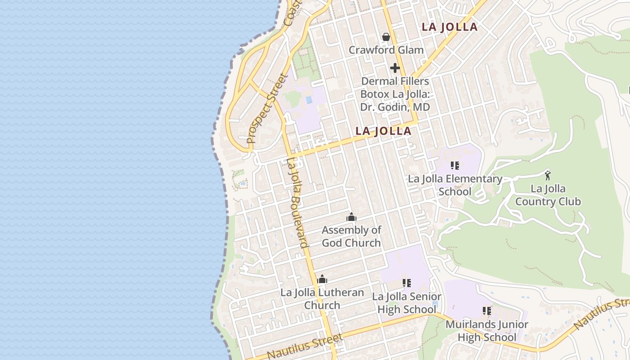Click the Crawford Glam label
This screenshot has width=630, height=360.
pyautogui.click(x=386, y=50)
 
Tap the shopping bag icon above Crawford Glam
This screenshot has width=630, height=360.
pyautogui.click(x=386, y=36)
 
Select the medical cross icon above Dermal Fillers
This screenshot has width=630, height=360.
pyautogui.click(x=395, y=68)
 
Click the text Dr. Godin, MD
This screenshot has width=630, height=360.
pyautogui.click(x=395, y=107)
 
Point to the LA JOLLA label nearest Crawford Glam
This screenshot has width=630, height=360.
pyautogui.click(x=449, y=27)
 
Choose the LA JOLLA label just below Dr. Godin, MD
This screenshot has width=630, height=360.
pyautogui.click(x=383, y=131)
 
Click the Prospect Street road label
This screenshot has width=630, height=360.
pyautogui.click(x=267, y=108)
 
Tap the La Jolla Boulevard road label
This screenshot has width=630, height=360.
pyautogui.click(x=297, y=202)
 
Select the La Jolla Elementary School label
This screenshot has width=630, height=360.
pyautogui.click(x=455, y=185)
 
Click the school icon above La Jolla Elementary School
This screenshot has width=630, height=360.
pyautogui.click(x=455, y=166)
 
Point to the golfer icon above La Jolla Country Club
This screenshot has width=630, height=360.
pyautogui.click(x=548, y=175)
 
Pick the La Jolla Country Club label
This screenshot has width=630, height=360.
pyautogui.click(x=548, y=195)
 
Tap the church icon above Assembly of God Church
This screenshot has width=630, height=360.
pyautogui.click(x=351, y=217)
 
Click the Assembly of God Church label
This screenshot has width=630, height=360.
pyautogui.click(x=351, y=236)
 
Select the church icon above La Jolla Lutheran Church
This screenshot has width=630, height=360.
pyautogui.click(x=322, y=279)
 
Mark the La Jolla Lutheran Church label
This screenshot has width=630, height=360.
pyautogui.click(x=322, y=299)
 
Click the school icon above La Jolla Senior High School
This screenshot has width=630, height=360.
pyautogui.click(x=407, y=283)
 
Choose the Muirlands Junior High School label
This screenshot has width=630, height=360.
pyautogui.click(x=486, y=331)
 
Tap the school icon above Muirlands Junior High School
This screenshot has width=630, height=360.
pyautogui.click(x=486, y=310)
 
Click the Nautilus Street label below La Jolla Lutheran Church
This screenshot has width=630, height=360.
pyautogui.click(x=305, y=346)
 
